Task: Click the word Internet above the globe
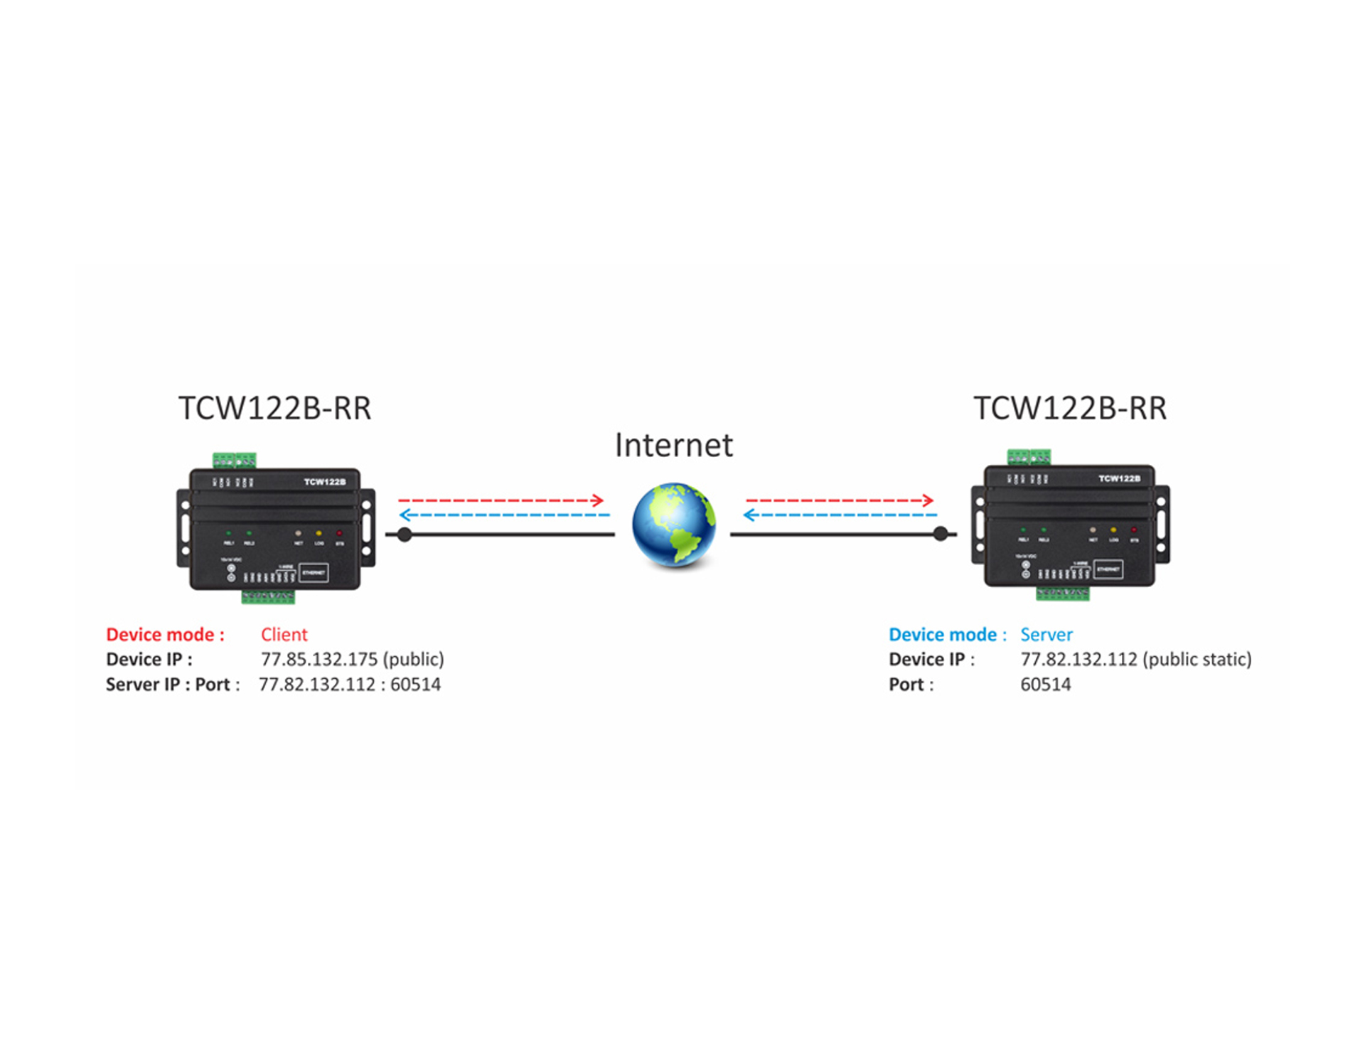click(x=673, y=446)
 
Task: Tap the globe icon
click(x=674, y=525)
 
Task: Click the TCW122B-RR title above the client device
click(x=274, y=409)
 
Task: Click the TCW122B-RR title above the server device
click(x=1069, y=409)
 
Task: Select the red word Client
click(x=284, y=635)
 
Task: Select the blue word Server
click(x=1046, y=635)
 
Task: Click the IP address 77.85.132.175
click(x=319, y=660)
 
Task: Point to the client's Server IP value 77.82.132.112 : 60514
click(x=349, y=685)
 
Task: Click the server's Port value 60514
click(x=1045, y=685)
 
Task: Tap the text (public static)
click(x=1197, y=660)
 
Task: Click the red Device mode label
click(x=165, y=635)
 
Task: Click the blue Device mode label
click(x=947, y=635)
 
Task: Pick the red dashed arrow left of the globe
click(x=500, y=500)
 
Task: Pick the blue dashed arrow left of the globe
click(x=505, y=515)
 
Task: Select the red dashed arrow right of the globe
click(x=840, y=500)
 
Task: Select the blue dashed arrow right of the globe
click(x=840, y=515)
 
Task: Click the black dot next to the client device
click(x=405, y=535)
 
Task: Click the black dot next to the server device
click(x=941, y=534)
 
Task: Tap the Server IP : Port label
click(x=173, y=685)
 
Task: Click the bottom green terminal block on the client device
click(x=268, y=596)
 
